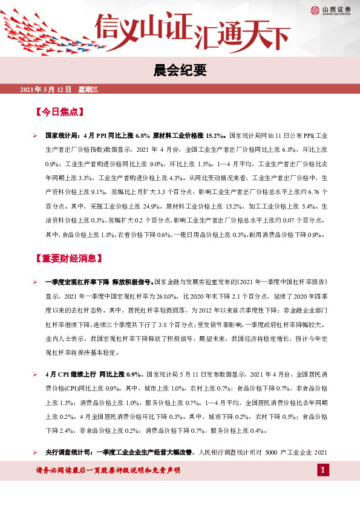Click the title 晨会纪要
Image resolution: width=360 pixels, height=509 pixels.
pos(180,71)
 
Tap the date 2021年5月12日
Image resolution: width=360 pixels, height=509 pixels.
pos(47,89)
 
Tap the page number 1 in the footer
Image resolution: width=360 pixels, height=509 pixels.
pos(324,470)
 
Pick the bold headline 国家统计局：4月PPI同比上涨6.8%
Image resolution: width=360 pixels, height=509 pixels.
pos(97,137)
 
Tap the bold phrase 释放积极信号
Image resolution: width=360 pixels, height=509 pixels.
pos(133,282)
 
